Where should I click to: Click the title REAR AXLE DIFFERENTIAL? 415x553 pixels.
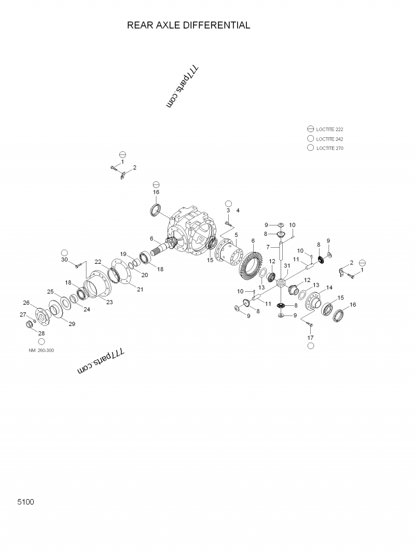(188, 25)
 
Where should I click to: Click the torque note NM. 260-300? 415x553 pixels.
(41, 350)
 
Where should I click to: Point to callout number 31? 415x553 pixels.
(286, 266)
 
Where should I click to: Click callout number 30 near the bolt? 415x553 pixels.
(64, 260)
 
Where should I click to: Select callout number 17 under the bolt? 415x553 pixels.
(310, 337)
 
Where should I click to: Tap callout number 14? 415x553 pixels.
(329, 288)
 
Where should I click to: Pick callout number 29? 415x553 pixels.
(72, 324)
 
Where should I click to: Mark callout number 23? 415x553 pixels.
(109, 302)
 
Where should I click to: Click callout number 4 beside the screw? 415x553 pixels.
(238, 210)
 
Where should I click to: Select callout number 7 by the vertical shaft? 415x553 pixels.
(268, 247)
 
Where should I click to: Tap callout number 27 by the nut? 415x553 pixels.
(23, 315)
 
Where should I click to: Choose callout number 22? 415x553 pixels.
(98, 262)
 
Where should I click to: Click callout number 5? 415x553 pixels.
(236, 235)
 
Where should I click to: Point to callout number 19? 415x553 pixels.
(123, 254)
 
